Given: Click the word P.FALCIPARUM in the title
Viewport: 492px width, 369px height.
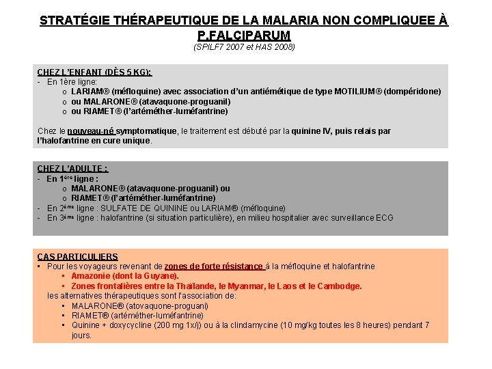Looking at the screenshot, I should pos(244,34).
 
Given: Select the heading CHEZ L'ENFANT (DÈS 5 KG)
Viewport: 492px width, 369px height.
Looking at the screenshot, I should pos(94,72).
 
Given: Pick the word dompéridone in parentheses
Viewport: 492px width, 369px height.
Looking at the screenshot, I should pos(412,91).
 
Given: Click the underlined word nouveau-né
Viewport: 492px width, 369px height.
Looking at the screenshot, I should pos(91,131).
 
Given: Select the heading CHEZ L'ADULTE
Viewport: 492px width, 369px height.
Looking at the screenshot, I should pos(72,169).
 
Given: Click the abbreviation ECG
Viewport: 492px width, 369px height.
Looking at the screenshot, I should pos(385,217).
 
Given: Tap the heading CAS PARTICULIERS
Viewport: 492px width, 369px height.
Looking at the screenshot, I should pos(77,257).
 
